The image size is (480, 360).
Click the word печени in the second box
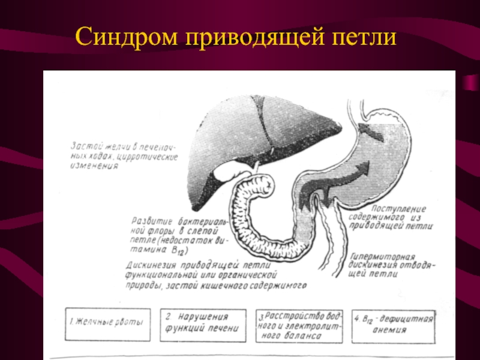pos(223,329)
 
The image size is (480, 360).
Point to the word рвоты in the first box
pos(130,323)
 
